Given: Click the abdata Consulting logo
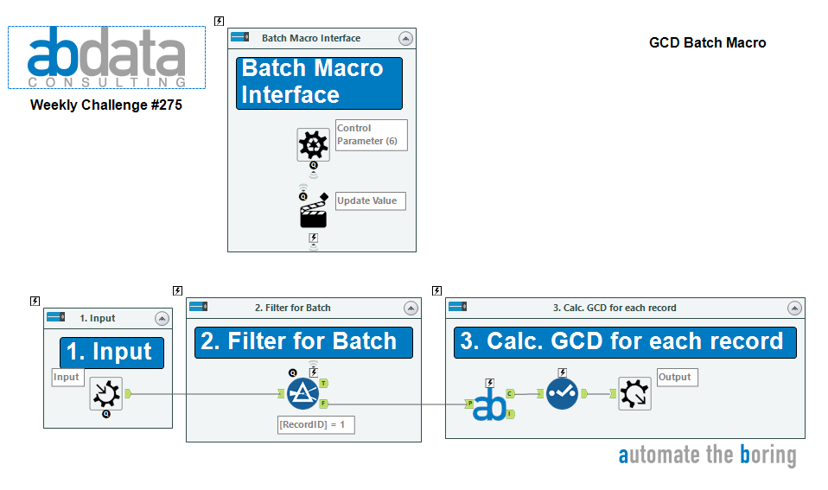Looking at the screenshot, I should (106, 58).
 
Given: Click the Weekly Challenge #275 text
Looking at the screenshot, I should (106, 105).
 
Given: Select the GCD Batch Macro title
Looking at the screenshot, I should (707, 42).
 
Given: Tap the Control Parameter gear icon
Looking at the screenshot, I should (313, 144).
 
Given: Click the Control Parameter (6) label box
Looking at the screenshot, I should (371, 135).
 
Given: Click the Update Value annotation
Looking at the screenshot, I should (370, 200).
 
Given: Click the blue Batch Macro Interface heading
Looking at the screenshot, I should (319, 82).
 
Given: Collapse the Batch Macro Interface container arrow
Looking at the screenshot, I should (405, 38).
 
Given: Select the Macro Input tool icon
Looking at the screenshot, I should (106, 393).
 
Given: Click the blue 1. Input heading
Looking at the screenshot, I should (111, 353).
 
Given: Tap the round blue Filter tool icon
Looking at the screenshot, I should (303, 394).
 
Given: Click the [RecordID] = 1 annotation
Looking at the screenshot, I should (316, 424).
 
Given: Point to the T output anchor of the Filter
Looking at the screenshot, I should (323, 383).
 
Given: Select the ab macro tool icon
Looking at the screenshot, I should (489, 404).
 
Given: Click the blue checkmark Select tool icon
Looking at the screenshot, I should (562, 394).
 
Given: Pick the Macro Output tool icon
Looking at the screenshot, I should (634, 393).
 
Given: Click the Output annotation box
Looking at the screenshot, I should (677, 377).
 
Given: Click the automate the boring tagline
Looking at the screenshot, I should (707, 455).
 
